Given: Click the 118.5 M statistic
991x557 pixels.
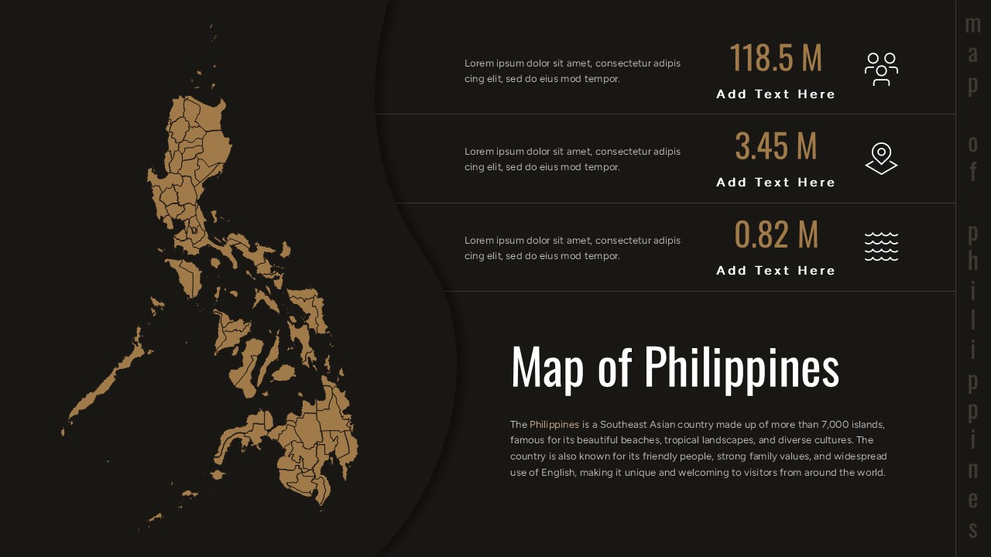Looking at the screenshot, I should tap(775, 58).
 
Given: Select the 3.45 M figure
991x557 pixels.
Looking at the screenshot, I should tap(775, 146).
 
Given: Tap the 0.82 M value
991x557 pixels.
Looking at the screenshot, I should tap(775, 234).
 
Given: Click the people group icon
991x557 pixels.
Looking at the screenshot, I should tap(881, 69).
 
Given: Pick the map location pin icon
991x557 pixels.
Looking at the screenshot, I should tap(881, 158).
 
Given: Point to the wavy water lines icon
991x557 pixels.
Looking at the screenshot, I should tap(881, 246).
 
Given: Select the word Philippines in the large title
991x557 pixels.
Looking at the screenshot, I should tap(741, 367).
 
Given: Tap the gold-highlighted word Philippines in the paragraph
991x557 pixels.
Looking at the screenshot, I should tap(554, 425).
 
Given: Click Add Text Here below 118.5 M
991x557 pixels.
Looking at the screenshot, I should tap(776, 94).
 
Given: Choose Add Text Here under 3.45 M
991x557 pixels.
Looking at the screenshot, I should tap(776, 183).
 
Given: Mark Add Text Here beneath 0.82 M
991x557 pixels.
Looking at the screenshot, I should tap(776, 271).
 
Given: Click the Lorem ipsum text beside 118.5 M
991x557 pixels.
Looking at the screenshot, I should tap(572, 71).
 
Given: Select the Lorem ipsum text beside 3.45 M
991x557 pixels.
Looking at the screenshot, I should tap(572, 159).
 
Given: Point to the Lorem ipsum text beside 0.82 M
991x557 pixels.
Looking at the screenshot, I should tap(572, 248).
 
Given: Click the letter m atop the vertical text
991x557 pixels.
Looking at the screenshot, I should tap(973, 25).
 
